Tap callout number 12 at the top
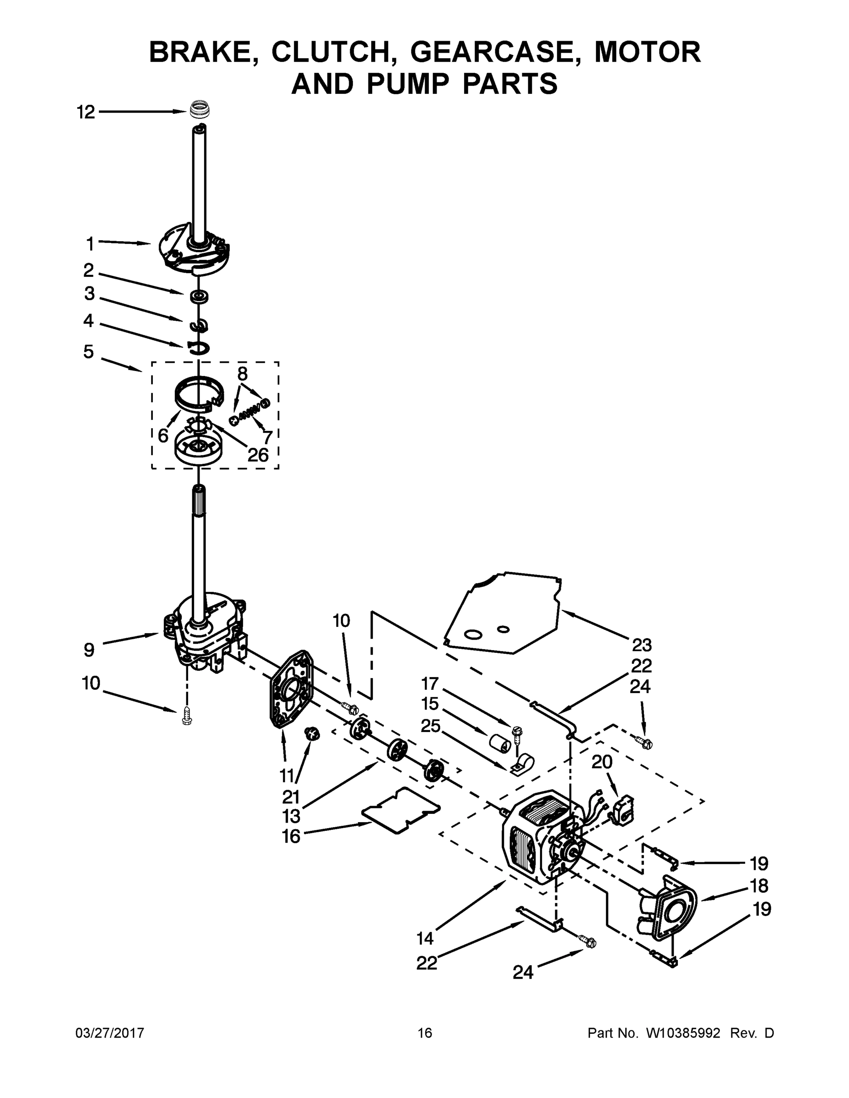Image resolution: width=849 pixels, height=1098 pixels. click(86, 112)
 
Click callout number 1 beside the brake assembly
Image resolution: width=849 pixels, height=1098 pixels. click(90, 244)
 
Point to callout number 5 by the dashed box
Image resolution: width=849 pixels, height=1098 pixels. click(88, 351)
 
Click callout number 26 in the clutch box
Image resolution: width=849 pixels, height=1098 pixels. click(258, 454)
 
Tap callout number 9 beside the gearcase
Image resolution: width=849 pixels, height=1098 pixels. click(89, 650)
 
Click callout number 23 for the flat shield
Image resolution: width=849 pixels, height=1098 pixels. click(642, 645)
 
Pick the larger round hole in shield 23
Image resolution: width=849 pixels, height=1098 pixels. click(472, 635)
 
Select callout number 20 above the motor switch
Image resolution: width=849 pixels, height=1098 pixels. click(602, 762)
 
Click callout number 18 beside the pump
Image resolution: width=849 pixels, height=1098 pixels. click(759, 885)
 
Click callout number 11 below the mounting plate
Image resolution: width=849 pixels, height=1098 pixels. click(287, 776)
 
